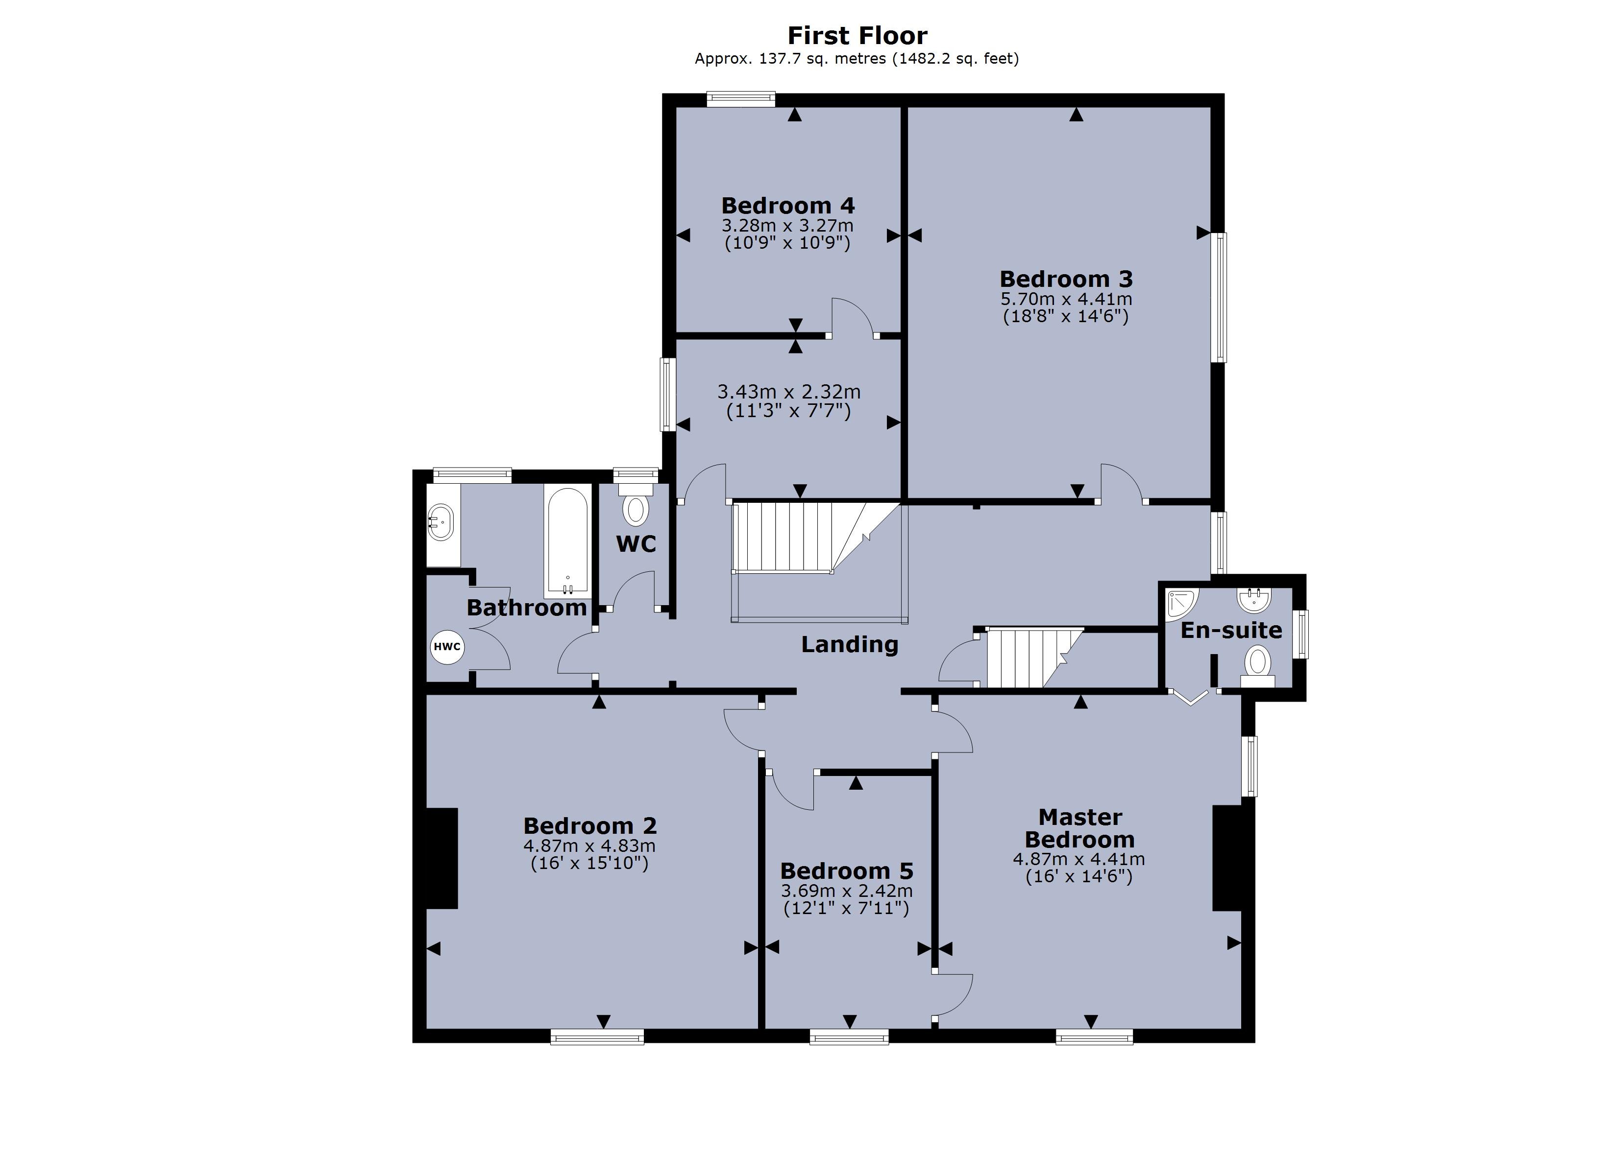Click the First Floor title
tap(857, 36)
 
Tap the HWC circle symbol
tap(447, 647)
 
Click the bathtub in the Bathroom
tap(567, 541)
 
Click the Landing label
tap(849, 644)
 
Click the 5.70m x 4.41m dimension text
tap(1066, 299)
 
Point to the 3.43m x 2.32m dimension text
tap(788, 392)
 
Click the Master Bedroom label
tap(1079, 828)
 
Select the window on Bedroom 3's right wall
tap(1221, 297)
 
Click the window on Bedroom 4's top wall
tap(741, 99)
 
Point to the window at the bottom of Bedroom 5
tap(849, 1037)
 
